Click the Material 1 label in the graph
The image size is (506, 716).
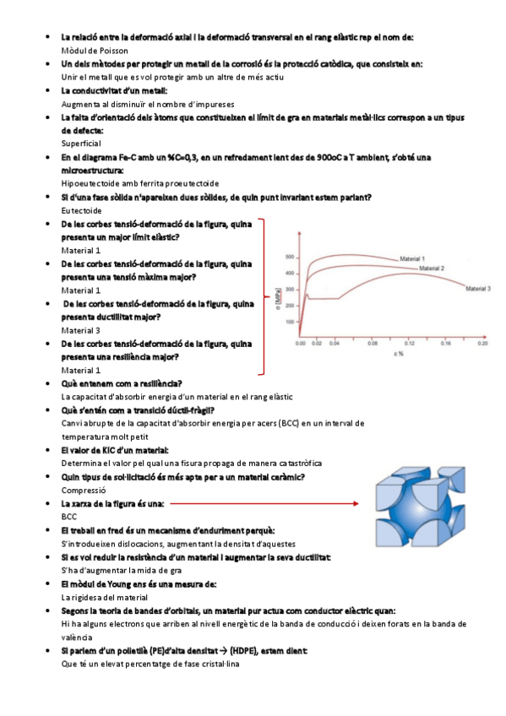coord(411,258)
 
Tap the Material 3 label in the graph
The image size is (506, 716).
coord(478,289)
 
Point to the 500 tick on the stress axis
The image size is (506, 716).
coord(291,257)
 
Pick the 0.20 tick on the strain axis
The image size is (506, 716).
coord(482,344)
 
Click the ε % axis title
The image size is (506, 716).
coord(397,355)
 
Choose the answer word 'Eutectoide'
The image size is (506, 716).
coord(82,210)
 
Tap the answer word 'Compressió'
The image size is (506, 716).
coord(84,490)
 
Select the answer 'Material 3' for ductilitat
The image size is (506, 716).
coord(81,330)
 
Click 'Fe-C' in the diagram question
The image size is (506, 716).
coord(120,157)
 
